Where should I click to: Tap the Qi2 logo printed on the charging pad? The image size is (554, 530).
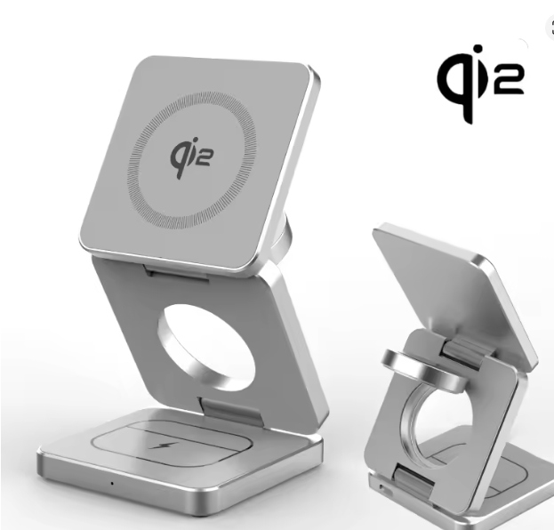point(191,158)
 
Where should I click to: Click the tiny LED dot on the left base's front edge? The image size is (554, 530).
point(112,483)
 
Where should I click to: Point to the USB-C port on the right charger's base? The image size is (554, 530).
point(382,489)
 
